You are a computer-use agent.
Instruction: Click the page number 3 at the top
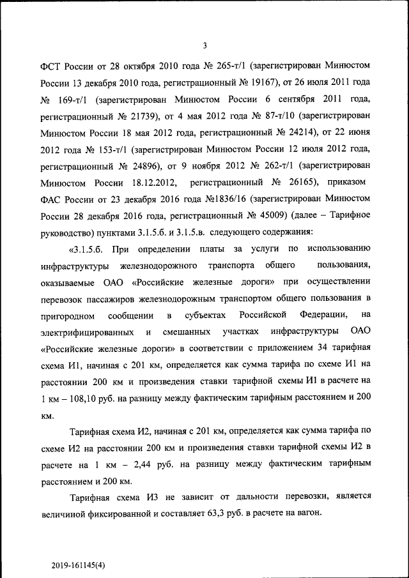(x=204, y=45)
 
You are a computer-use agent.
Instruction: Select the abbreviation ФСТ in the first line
(x=50, y=66)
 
